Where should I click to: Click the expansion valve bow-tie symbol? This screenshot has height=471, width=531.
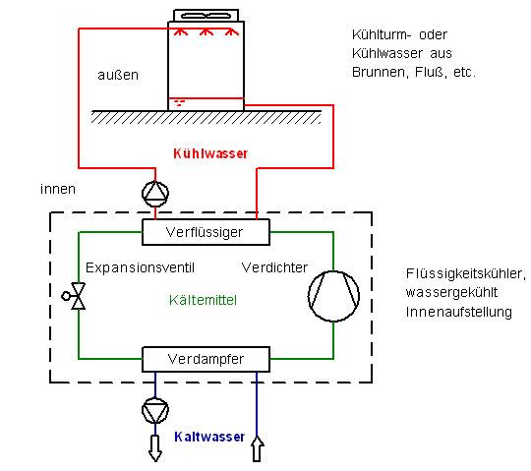click(79, 296)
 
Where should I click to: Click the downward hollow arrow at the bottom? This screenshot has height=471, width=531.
click(155, 448)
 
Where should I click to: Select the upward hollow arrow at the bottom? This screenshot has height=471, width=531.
click(257, 448)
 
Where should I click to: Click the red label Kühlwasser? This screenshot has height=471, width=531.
click(210, 153)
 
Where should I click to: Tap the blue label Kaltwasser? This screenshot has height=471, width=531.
click(209, 437)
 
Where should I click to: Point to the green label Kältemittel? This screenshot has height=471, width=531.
click(203, 300)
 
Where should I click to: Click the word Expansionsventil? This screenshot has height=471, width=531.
click(140, 267)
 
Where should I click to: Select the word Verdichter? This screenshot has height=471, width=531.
click(274, 267)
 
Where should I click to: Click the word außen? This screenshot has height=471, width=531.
click(118, 75)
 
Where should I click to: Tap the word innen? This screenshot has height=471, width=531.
click(58, 189)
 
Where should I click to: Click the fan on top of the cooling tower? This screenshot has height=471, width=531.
click(206, 16)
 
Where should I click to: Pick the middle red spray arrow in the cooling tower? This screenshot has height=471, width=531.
click(206, 31)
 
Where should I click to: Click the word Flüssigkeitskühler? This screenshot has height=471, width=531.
click(466, 273)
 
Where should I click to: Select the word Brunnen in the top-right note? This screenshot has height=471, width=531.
click(379, 72)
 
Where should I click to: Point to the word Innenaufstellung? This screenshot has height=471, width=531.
click(459, 312)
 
